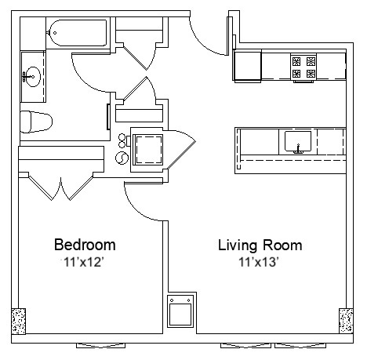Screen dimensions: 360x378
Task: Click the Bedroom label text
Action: pos(85,244)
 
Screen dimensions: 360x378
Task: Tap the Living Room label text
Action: pos(260,245)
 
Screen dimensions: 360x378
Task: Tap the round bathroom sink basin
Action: pos(33,76)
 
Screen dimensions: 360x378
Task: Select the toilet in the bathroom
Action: pos(35,122)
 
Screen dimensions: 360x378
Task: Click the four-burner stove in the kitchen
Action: pos(303,67)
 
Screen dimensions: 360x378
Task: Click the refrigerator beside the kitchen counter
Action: pos(249,67)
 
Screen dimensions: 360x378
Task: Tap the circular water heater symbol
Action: pos(123,158)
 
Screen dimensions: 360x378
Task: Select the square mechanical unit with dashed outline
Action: pos(147,147)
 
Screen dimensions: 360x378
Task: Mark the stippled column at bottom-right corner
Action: pos(346,321)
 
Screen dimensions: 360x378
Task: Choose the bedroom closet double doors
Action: pos(60,186)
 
